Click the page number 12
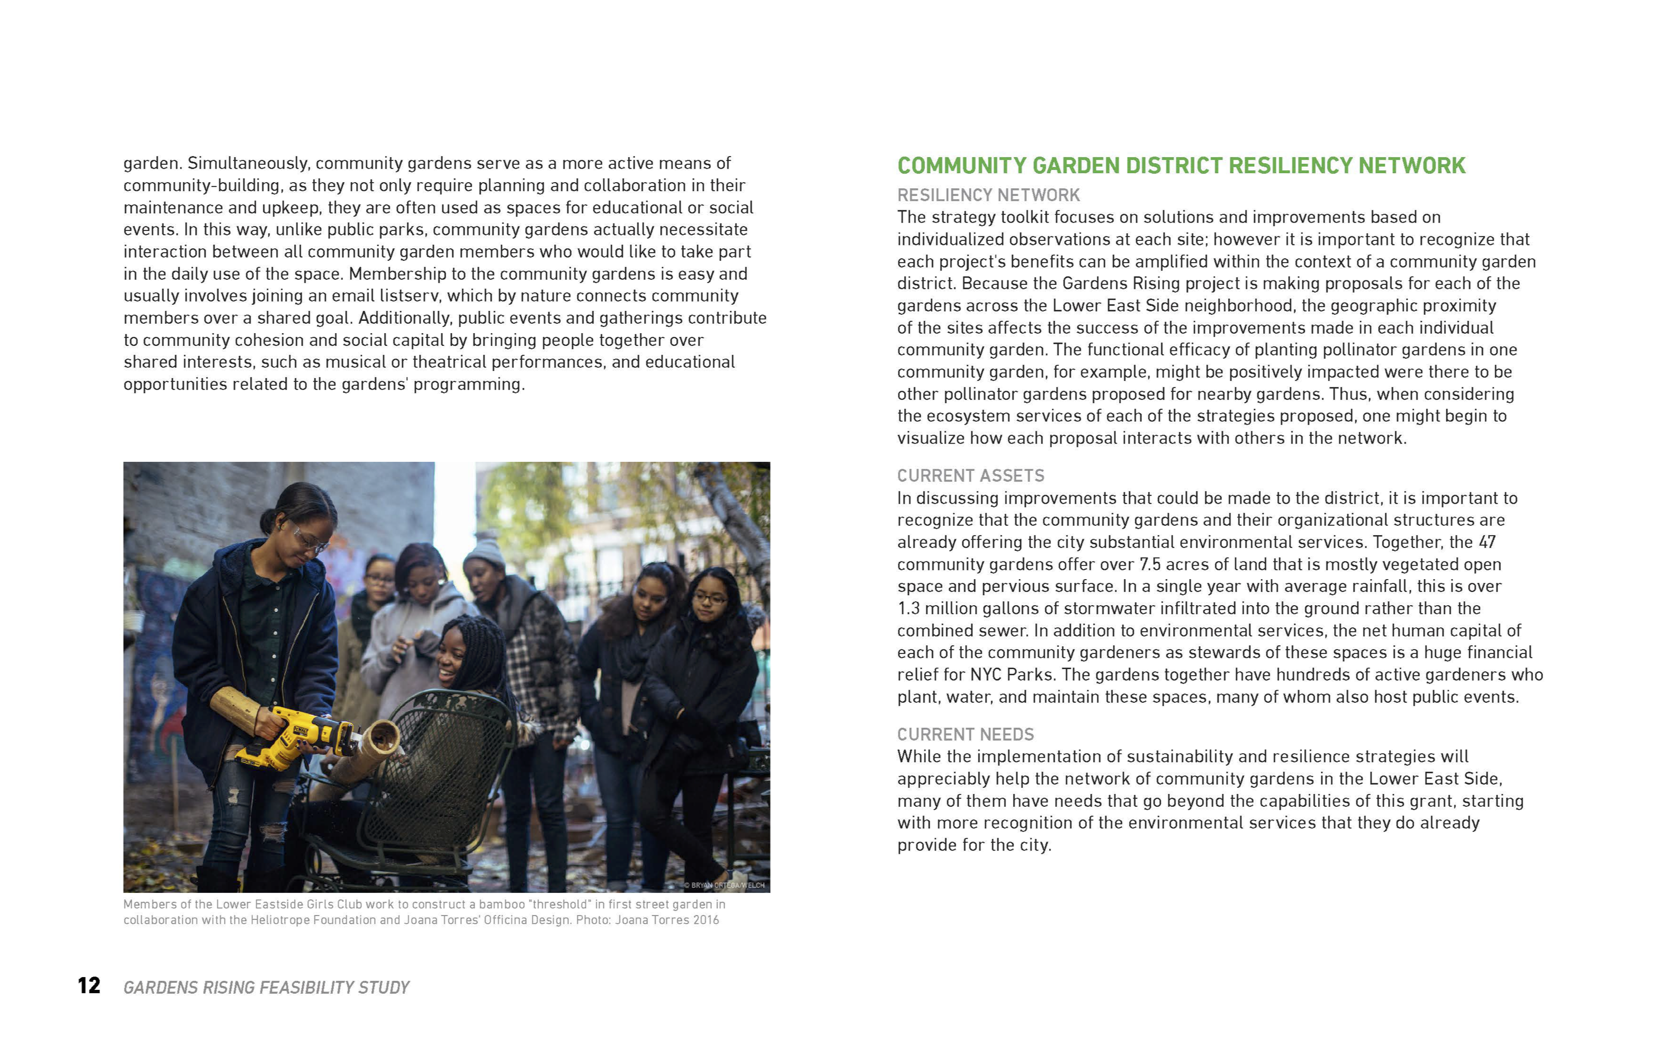(89, 985)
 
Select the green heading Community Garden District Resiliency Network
(1181, 166)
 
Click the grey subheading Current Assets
(970, 476)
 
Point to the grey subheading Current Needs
(965, 734)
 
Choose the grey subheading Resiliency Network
(988, 195)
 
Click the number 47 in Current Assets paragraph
(1486, 542)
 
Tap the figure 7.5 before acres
(1150, 564)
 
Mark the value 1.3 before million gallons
(908, 608)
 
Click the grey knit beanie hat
(484, 551)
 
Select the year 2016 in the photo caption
(705, 920)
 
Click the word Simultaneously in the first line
(249, 163)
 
